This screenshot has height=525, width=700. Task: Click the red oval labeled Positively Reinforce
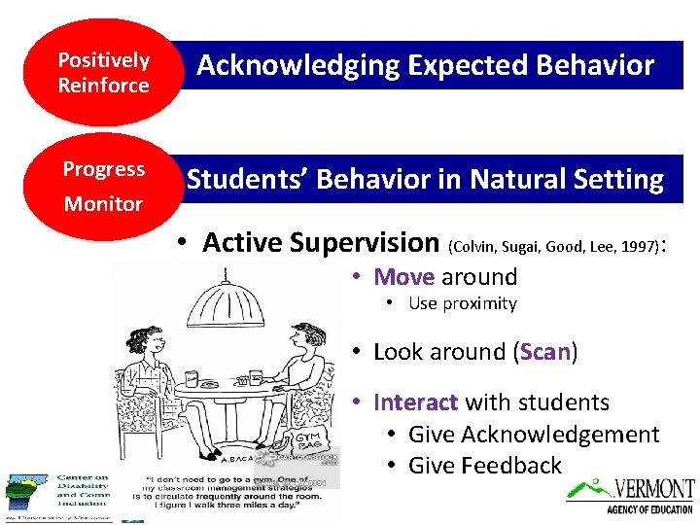(103, 73)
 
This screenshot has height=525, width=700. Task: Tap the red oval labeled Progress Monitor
(103, 186)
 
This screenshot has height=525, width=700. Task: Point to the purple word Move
(404, 276)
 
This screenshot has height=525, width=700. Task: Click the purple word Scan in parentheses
(544, 351)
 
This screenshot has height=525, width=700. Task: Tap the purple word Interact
(415, 402)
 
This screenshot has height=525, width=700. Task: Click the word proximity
(477, 303)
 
